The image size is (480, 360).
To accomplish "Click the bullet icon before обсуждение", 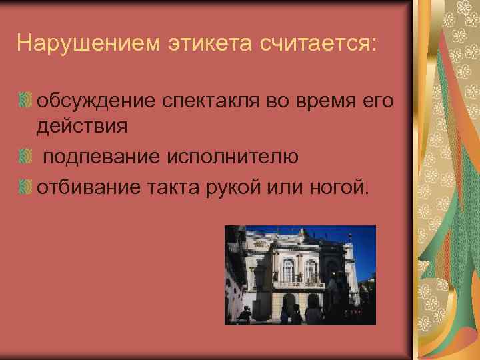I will coord(26,101).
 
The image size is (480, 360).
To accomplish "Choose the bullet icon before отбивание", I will coord(26,188).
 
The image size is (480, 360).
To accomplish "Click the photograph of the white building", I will coord(300,275).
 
